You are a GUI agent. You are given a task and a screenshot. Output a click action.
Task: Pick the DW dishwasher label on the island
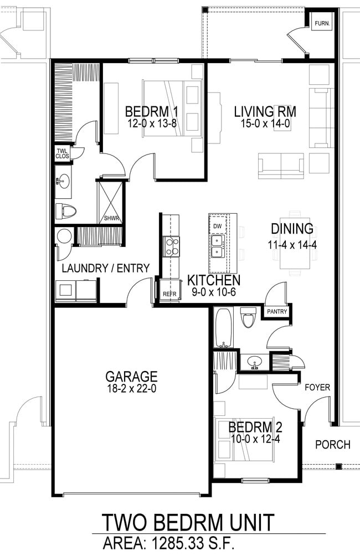pos(218,226)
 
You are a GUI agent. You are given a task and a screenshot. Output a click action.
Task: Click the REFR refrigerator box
pos(168,295)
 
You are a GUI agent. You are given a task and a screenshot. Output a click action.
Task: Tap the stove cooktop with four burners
pos(171,246)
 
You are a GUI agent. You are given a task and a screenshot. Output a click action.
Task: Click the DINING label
pos(292,228)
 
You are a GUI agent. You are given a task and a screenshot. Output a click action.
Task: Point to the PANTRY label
pos(277,312)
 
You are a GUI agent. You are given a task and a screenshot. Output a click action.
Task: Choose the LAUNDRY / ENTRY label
pos(105,269)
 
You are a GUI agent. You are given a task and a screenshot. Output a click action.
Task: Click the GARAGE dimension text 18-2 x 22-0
pos(132,389)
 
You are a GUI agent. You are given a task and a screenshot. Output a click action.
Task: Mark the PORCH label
pos(332,444)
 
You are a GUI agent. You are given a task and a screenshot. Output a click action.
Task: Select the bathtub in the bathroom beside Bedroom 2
pos(224,327)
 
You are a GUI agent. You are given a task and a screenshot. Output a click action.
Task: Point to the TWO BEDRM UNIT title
pos(188,522)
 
